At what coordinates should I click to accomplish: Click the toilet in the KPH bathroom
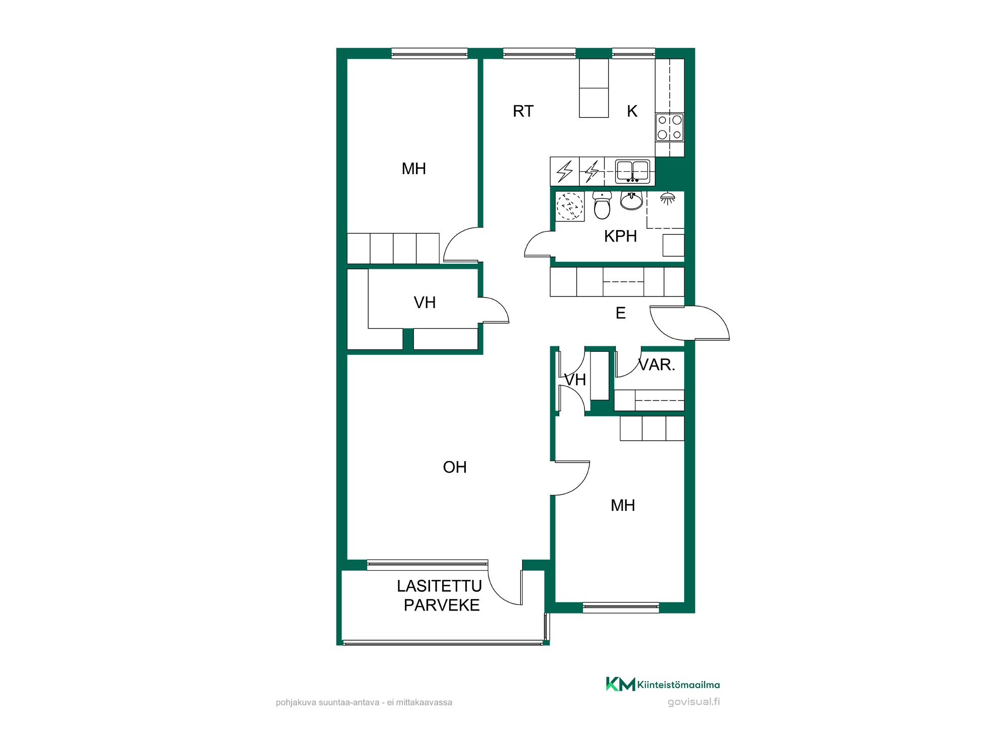602,205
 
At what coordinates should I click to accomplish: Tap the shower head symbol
667,198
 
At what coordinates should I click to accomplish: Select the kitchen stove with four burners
669,127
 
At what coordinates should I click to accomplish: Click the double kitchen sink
632,171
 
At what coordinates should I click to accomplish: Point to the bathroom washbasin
631,201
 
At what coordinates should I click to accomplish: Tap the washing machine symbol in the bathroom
570,206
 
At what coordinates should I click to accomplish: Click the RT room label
523,111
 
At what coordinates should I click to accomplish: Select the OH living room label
455,467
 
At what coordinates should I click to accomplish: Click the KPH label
620,236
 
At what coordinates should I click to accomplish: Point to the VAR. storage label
656,364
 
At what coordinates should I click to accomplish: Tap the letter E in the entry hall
621,313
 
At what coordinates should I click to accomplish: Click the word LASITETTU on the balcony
439,586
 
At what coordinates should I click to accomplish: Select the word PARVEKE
442,605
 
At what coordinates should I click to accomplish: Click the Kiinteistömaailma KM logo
662,684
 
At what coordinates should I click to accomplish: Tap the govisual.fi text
694,702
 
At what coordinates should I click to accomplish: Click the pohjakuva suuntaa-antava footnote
364,702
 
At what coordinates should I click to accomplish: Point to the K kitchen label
632,111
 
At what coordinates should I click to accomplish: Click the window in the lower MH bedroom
621,608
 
